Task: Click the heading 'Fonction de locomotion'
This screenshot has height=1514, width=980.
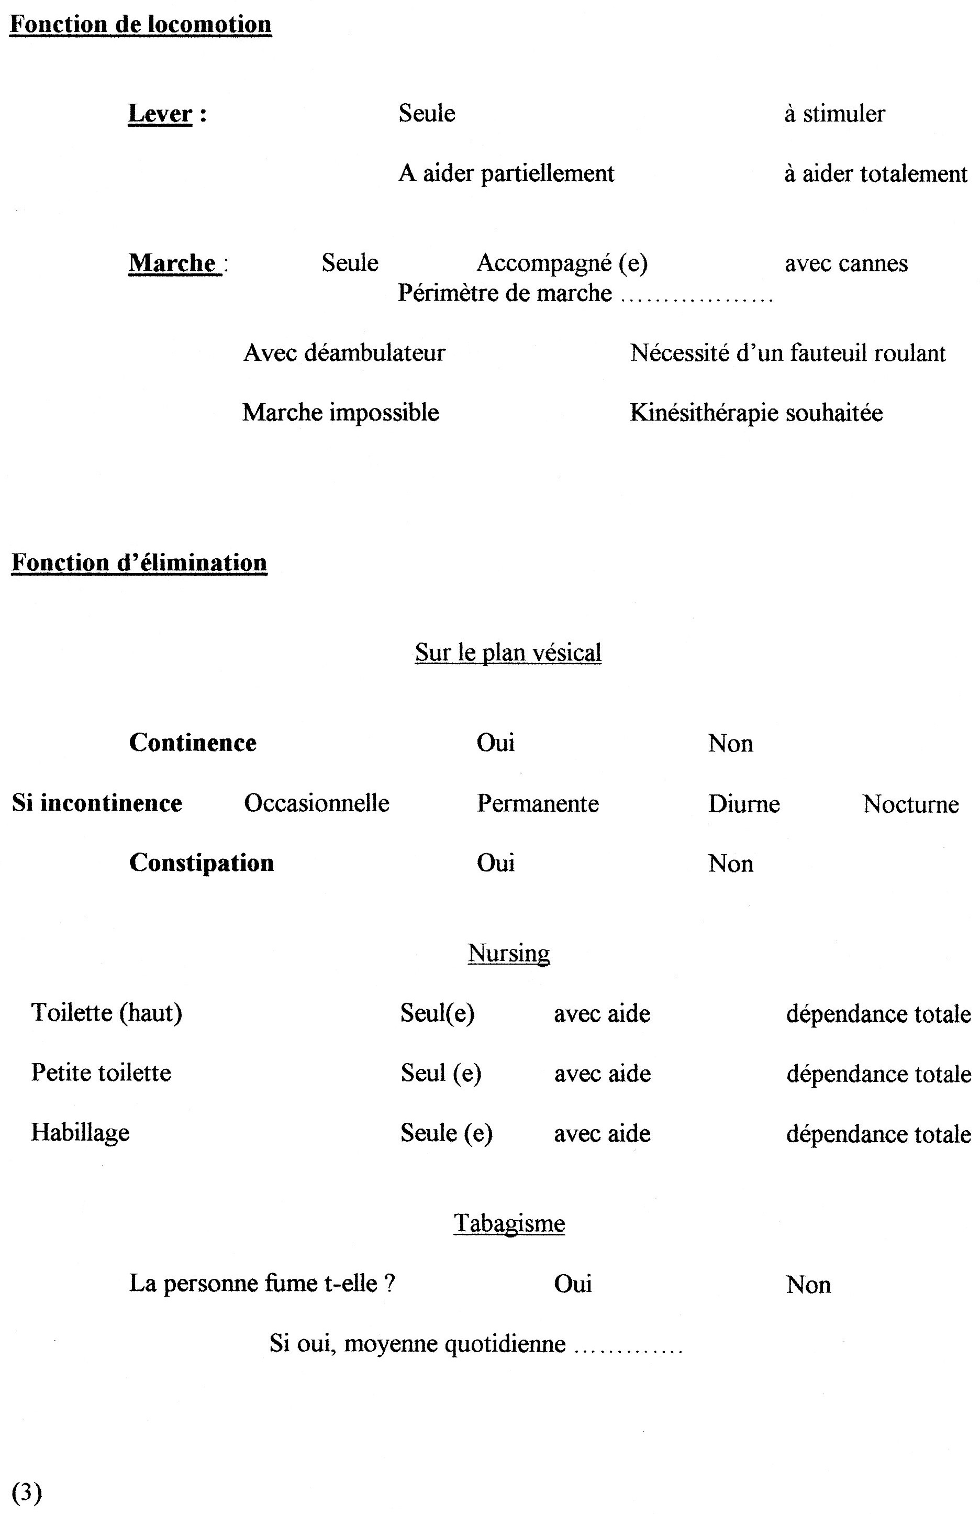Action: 140,25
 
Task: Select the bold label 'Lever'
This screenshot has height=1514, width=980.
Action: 160,114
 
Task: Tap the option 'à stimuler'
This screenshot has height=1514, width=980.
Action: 834,114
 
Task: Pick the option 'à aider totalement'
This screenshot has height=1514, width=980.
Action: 875,174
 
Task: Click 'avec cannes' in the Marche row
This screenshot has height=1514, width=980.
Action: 846,263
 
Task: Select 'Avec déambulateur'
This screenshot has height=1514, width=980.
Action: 344,352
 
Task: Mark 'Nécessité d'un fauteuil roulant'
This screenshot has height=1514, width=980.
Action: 787,352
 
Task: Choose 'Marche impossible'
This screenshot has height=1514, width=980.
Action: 340,412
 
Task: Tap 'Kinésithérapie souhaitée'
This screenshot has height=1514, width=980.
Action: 755,412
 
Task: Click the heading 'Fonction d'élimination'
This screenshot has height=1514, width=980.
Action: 139,563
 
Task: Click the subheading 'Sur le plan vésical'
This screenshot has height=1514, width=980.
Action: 508,653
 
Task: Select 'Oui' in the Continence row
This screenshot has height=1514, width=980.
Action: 495,743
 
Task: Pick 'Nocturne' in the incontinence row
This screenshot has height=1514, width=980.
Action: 910,804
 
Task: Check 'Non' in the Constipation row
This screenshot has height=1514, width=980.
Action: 730,863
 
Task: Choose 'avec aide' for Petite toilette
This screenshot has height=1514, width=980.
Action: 602,1074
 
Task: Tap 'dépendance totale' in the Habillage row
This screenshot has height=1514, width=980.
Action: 878,1134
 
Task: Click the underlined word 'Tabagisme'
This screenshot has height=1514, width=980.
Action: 509,1223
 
